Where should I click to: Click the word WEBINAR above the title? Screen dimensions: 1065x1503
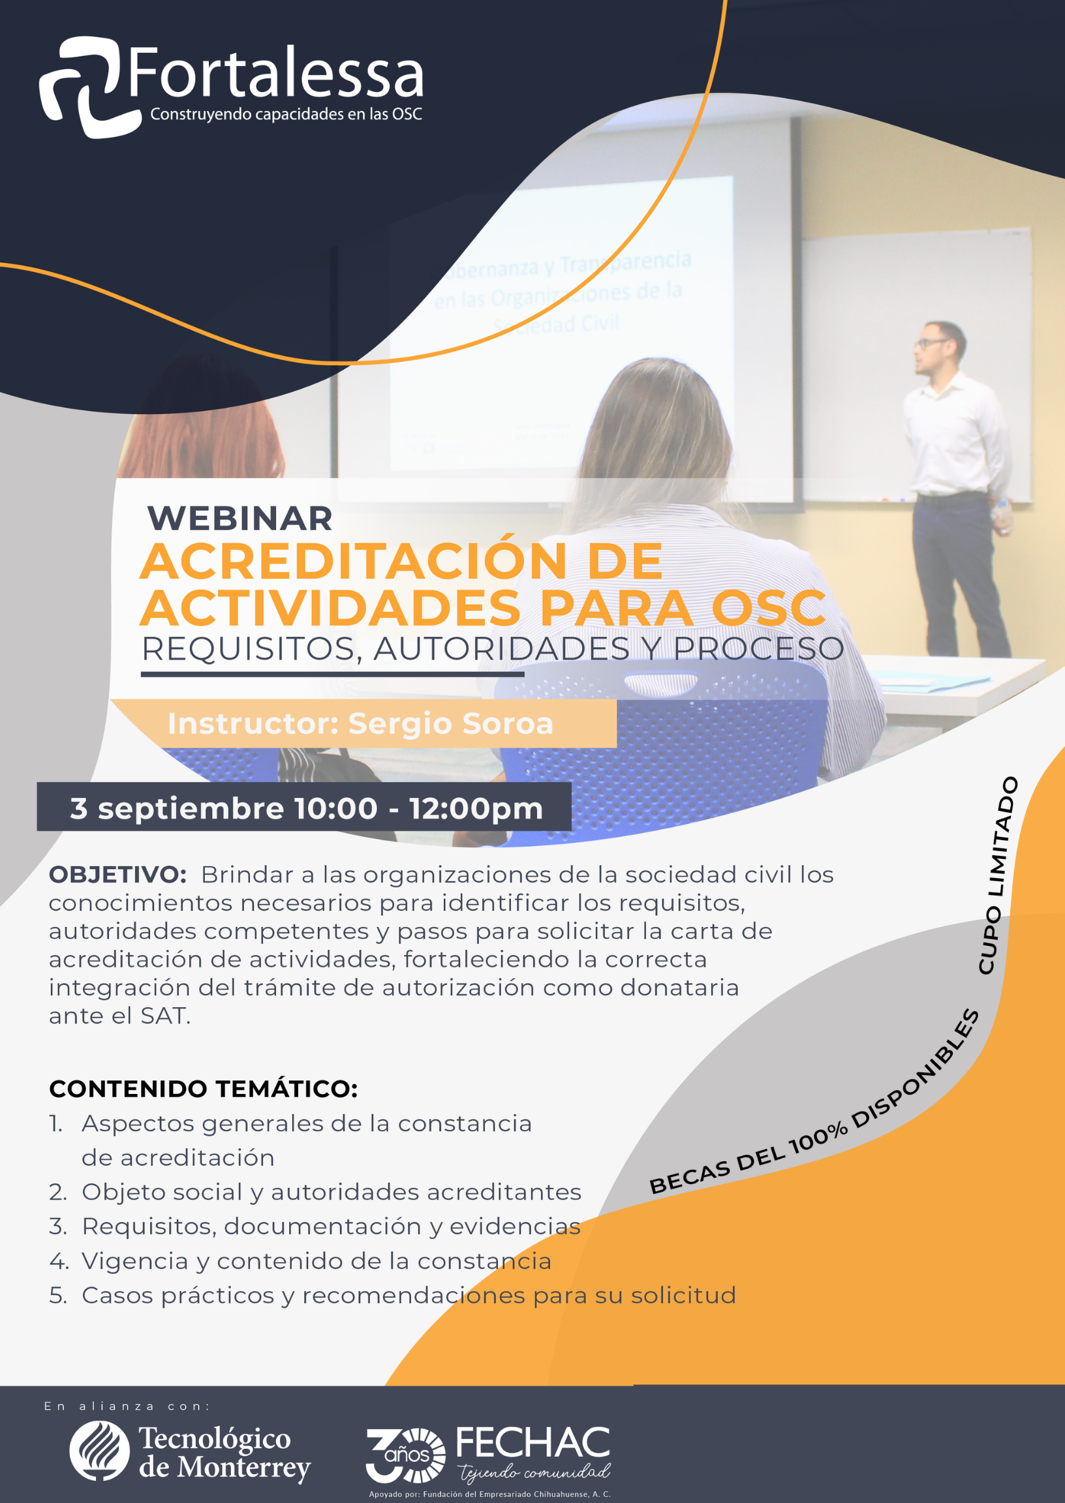(240, 519)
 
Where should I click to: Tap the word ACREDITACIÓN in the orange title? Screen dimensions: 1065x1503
(354, 562)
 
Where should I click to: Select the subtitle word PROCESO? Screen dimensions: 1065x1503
(758, 649)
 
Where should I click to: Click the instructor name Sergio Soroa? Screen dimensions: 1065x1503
(450, 723)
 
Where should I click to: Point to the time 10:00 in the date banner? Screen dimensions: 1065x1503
(336, 808)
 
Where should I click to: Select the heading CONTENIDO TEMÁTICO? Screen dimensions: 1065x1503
(204, 1089)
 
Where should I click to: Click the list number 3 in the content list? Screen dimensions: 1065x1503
(57, 1226)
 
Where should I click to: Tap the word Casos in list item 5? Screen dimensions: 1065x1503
(117, 1295)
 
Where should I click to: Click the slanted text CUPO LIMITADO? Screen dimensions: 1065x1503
(997, 875)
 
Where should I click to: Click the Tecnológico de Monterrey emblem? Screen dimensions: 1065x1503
(100, 1451)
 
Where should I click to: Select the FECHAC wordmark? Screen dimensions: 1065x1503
(532, 1442)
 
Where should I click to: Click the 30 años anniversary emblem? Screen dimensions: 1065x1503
(405, 1455)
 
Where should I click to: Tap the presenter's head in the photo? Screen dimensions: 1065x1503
(941, 348)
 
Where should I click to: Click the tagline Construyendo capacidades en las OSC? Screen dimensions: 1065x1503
(286, 115)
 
